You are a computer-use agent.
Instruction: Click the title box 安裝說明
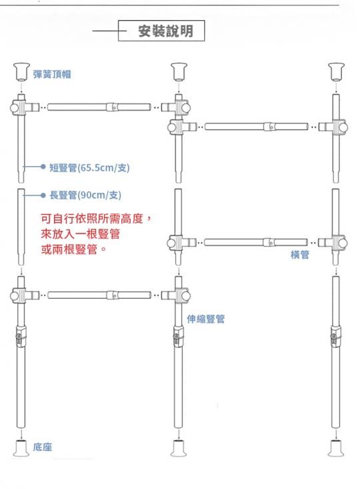coord(161,31)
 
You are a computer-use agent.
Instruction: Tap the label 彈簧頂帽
coord(52,74)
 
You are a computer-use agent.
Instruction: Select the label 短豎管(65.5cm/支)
coord(89,168)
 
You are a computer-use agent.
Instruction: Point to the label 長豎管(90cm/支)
coord(85,195)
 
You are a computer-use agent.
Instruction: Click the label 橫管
coord(300,255)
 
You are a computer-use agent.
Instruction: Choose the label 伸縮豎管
coord(206,319)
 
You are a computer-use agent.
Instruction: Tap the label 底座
coord(43,447)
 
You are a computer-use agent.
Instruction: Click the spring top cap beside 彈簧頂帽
coord(21,72)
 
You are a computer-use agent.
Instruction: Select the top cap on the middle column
coord(179,72)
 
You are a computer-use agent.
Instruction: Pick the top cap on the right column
coord(336,72)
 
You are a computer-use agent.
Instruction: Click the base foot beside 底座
coord(21,448)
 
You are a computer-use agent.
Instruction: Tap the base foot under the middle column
coord(179,448)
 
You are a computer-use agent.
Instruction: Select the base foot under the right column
coord(336,448)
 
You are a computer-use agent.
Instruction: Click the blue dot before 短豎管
coord(43,167)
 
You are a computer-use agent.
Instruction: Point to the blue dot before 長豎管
coord(43,195)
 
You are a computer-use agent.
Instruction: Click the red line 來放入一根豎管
coord(80,234)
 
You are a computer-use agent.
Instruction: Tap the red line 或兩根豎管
coord(73,250)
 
